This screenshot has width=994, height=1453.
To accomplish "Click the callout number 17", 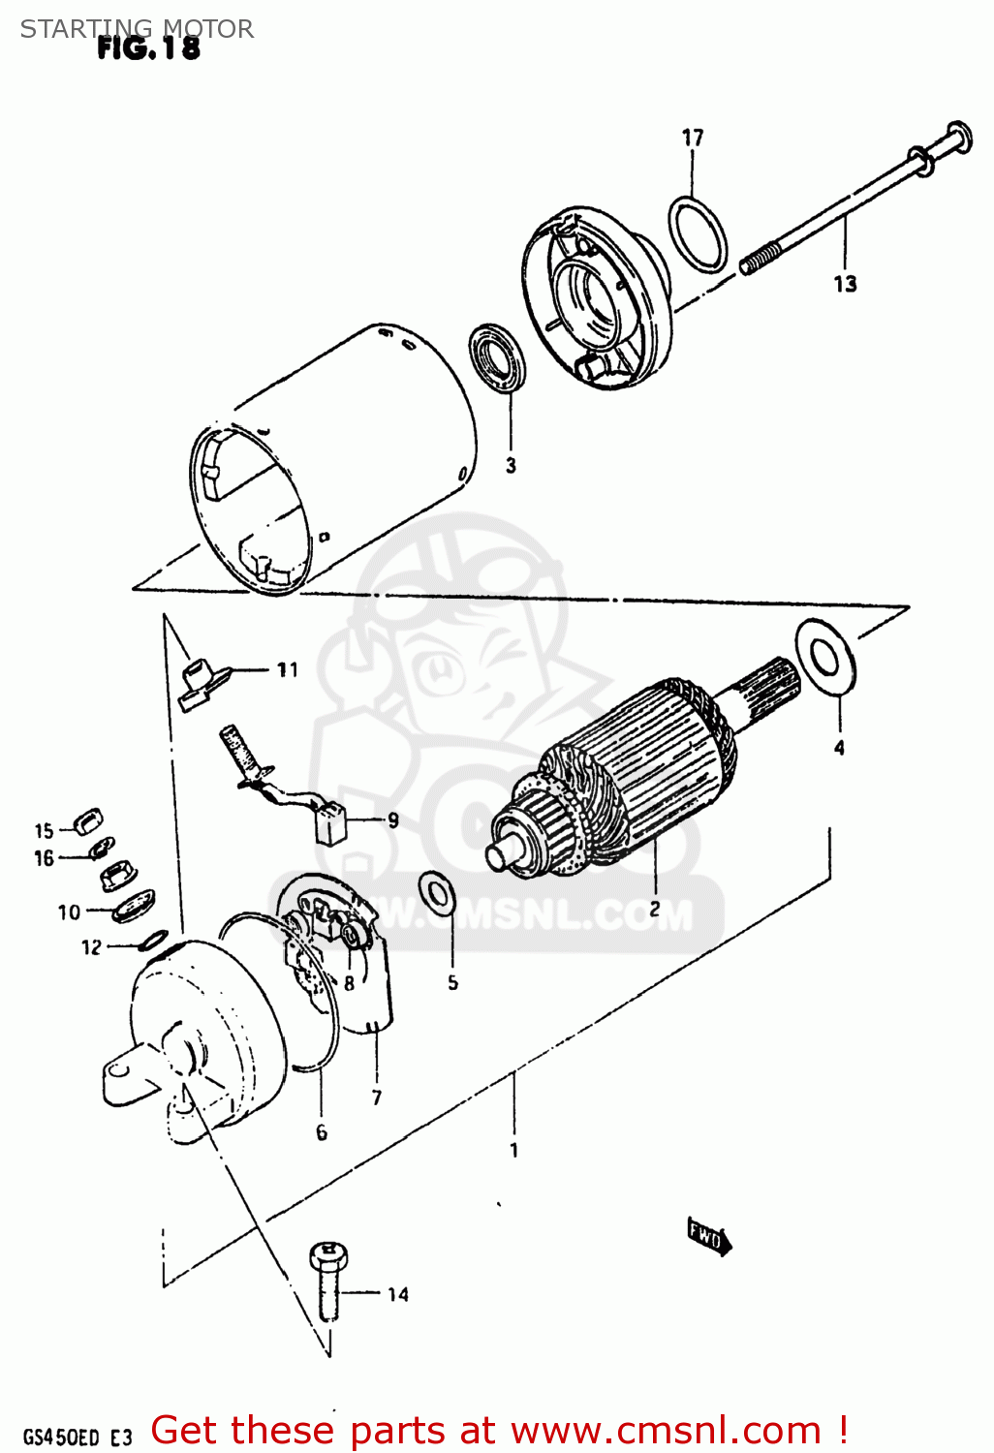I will [x=692, y=138].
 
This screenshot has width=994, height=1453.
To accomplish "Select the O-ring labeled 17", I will [x=697, y=234].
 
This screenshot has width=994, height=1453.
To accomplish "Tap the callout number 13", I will [x=845, y=284].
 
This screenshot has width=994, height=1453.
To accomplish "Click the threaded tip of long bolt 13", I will [x=759, y=261].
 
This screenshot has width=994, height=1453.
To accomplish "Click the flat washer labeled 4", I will [x=825, y=658].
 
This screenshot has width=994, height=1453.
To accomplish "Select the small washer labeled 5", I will [x=437, y=891].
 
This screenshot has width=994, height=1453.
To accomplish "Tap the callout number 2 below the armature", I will [x=655, y=909].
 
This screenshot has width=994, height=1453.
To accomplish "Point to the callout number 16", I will [x=44, y=858].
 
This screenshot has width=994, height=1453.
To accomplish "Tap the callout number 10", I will [x=69, y=912].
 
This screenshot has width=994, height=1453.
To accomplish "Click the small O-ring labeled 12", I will [x=153, y=940].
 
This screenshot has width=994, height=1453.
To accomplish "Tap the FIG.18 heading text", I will [x=148, y=48].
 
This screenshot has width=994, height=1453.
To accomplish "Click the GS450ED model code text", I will [x=60, y=1437].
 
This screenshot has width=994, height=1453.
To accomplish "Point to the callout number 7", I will [x=377, y=1097].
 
